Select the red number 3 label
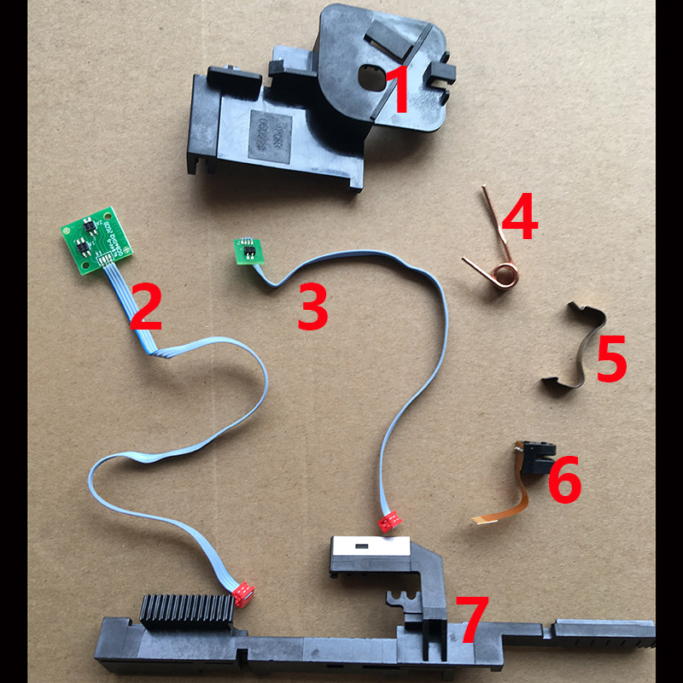coord(312,308)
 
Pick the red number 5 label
coord(611,359)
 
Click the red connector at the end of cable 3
coord(390,520)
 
